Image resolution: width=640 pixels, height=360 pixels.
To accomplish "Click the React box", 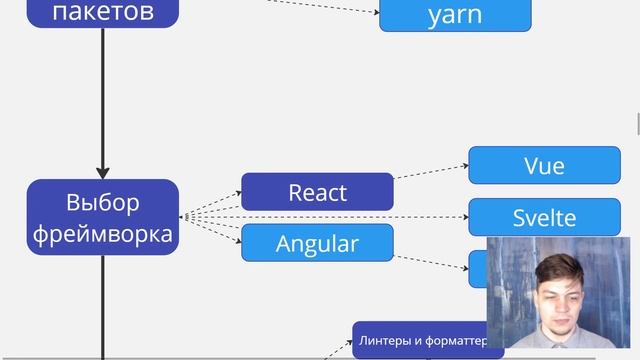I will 317,192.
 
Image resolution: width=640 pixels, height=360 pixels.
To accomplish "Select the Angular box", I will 317,243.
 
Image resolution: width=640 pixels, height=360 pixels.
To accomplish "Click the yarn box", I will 455,14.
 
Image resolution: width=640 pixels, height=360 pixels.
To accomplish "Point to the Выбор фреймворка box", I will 102,217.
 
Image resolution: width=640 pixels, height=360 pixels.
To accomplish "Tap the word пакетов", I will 102,12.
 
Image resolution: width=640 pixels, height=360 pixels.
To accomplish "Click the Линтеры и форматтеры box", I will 420,341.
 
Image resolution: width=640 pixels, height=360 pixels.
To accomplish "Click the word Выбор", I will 102,202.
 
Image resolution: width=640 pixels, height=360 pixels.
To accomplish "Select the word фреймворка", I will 102,235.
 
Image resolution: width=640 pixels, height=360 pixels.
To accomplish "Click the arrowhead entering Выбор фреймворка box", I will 102,173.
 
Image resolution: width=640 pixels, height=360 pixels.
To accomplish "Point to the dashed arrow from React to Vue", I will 430,172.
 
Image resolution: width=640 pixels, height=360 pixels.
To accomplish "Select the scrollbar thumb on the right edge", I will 637,126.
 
